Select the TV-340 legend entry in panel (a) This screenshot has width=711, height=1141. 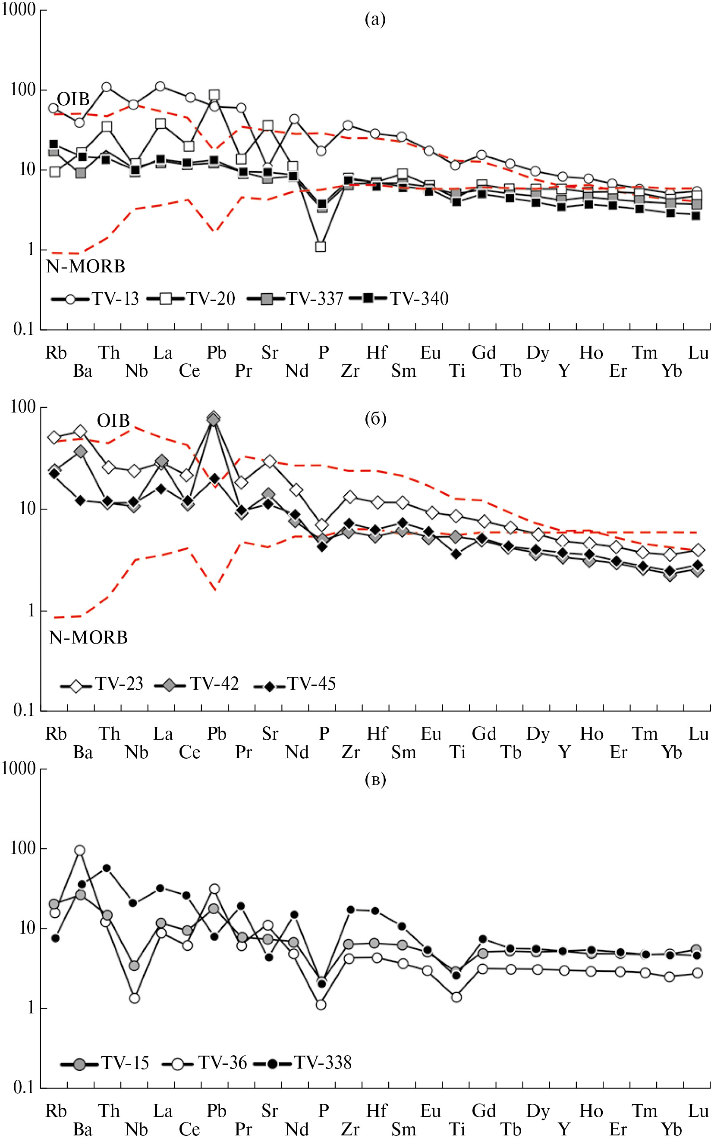[400, 299]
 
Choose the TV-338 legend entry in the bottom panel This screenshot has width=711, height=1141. [303, 1063]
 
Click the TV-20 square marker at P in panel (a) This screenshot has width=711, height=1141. [321, 247]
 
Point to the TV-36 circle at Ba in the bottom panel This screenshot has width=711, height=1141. [79, 850]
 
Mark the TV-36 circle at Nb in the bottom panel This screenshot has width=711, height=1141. [134, 998]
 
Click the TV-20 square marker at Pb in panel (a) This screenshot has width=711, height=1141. [214, 95]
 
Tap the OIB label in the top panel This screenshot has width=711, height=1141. [73, 99]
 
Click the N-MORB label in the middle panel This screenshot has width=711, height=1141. [88, 638]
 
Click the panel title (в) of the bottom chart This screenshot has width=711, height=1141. [375, 780]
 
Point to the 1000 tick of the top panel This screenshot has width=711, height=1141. [19, 9]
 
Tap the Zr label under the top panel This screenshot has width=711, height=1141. [350, 371]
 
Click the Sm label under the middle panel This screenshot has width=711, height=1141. [403, 753]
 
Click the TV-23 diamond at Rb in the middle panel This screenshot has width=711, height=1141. [54, 438]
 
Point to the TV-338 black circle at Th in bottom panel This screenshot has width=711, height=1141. [107, 868]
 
